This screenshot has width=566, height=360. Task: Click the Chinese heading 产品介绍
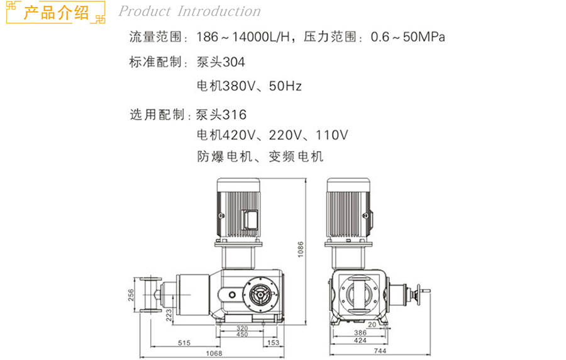click(x=56, y=13)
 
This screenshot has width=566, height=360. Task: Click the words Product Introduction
click(x=189, y=11)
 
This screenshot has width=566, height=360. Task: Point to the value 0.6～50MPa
click(x=408, y=37)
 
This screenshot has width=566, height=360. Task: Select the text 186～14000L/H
click(x=243, y=37)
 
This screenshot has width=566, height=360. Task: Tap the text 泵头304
click(x=221, y=62)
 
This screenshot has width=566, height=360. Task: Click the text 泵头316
click(x=221, y=115)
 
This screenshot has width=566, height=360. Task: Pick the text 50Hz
click(x=285, y=86)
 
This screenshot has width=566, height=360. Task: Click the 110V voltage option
click(x=331, y=135)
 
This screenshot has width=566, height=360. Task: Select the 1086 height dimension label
click(x=301, y=249)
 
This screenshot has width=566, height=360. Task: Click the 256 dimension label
click(x=131, y=295)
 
